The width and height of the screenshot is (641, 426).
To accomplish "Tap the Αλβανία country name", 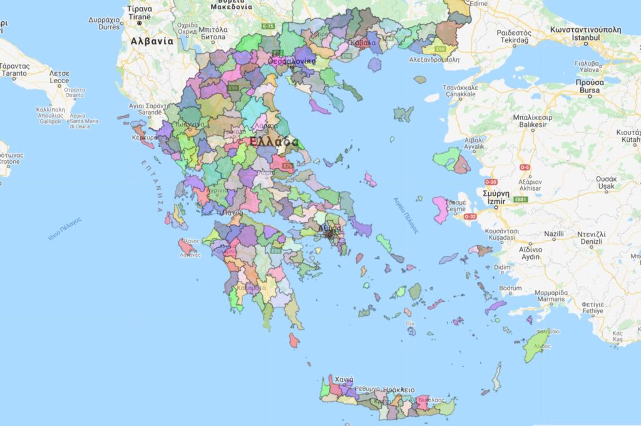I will (151, 41).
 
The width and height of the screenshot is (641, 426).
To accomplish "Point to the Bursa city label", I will (588, 90).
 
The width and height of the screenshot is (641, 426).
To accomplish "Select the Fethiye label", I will (592, 310).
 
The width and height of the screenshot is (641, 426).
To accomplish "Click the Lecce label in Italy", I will (59, 80).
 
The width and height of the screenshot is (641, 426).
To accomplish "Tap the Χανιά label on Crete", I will (344, 380).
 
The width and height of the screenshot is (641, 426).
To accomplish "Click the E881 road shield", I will (520, 200).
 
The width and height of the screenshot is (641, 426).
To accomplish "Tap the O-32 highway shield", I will (470, 217).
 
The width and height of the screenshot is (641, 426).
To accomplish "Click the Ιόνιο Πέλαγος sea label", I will (65, 228).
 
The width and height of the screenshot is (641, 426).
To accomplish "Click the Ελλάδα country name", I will (274, 142).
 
